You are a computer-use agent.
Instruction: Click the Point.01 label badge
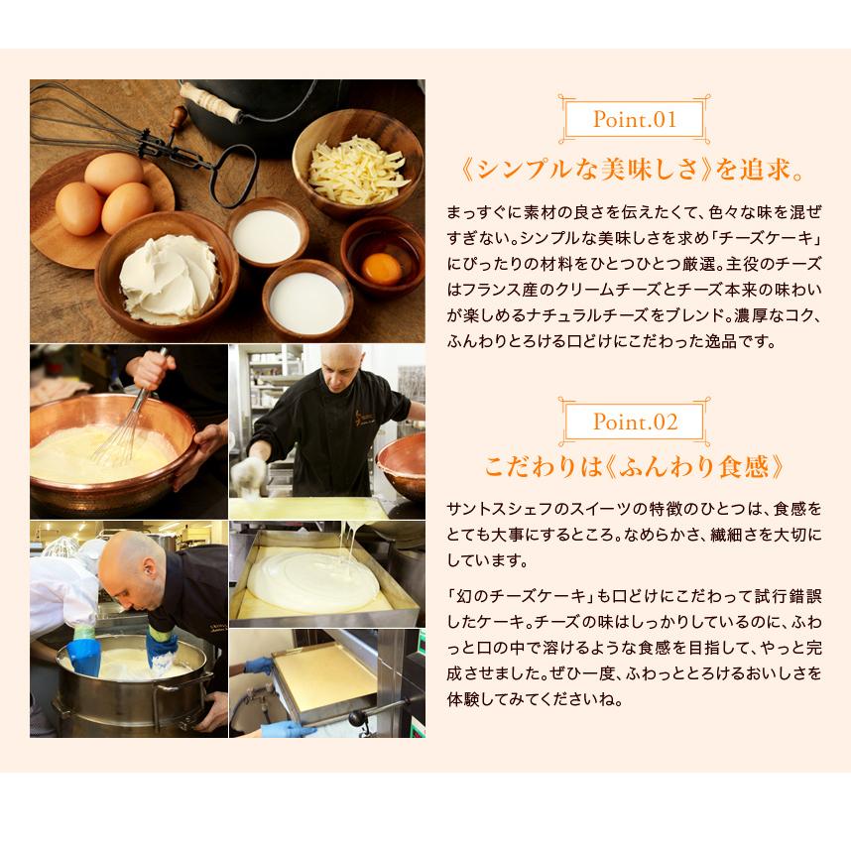634,121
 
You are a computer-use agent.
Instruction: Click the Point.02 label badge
635,422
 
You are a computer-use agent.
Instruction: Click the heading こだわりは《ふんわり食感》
634,467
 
